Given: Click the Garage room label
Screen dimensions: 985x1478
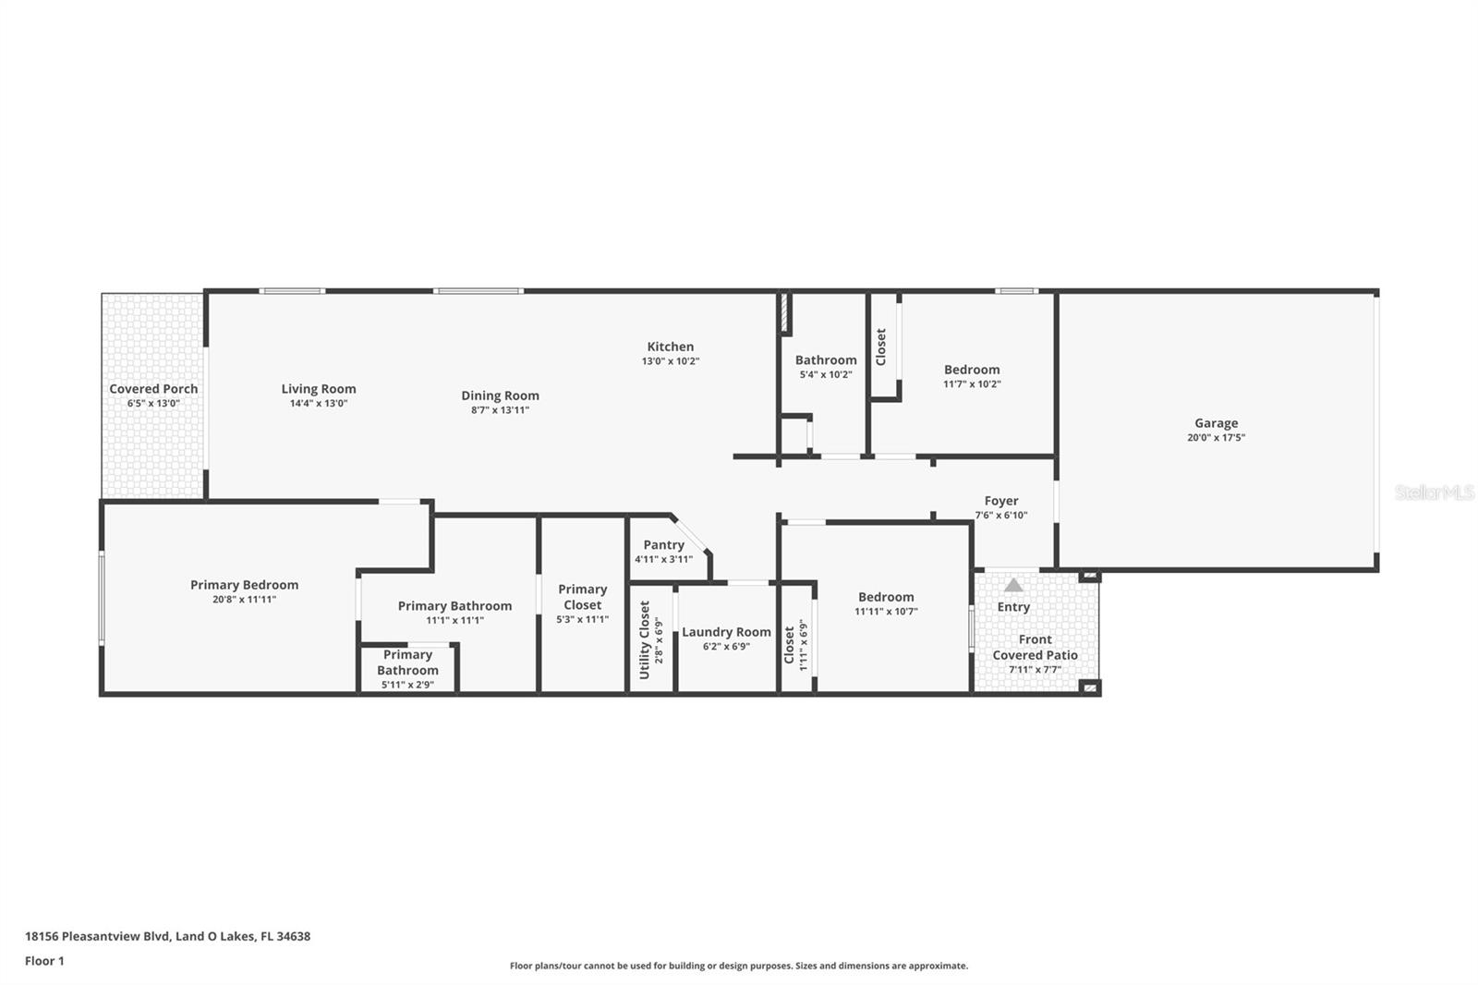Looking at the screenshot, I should pyautogui.click(x=1216, y=423).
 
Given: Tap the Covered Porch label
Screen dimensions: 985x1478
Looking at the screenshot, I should pyautogui.click(x=153, y=389).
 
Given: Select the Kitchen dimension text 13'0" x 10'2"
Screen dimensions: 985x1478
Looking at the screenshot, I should pyautogui.click(x=671, y=361).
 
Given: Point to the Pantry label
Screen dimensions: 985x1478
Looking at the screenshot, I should pyautogui.click(x=663, y=545).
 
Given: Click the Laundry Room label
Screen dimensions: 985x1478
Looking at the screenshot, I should pyautogui.click(x=726, y=632).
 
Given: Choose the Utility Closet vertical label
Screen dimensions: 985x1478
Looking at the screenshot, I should pyautogui.click(x=645, y=639).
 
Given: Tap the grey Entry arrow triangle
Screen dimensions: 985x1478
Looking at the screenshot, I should pyautogui.click(x=1013, y=585).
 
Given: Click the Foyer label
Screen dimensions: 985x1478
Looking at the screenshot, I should pyautogui.click(x=1001, y=501).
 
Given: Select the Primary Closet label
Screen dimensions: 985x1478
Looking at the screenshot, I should pyautogui.click(x=582, y=597).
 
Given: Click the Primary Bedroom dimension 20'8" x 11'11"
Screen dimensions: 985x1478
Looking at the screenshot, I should pyautogui.click(x=244, y=600).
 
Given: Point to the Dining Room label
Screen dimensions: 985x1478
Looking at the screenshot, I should pyautogui.click(x=500, y=395).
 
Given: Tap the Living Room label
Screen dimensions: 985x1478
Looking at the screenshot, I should pyautogui.click(x=319, y=389).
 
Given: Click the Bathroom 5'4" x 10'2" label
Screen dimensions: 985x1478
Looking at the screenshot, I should pyautogui.click(x=826, y=360).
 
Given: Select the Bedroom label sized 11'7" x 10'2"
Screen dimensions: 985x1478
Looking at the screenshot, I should pyautogui.click(x=972, y=370).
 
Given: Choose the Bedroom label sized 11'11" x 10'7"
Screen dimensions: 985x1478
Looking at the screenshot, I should pyautogui.click(x=886, y=597).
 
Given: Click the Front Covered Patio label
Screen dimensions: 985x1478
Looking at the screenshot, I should pyautogui.click(x=1035, y=647).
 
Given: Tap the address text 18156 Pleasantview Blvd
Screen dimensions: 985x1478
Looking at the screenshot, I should pyautogui.click(x=98, y=936).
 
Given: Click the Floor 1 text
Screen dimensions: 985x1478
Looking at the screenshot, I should pyautogui.click(x=44, y=961).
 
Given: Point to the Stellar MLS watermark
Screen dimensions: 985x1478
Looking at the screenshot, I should pyautogui.click(x=1434, y=493).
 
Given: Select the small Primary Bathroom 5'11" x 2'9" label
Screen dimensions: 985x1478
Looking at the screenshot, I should pyautogui.click(x=407, y=663).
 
